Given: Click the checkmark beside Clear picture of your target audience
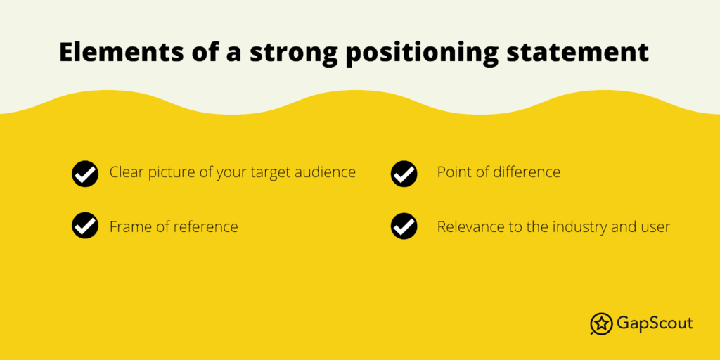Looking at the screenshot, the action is tap(85, 174).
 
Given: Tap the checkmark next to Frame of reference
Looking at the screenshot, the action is tap(85, 226).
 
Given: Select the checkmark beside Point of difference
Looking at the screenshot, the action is tap(404, 174).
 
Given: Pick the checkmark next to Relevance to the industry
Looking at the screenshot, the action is tap(404, 226).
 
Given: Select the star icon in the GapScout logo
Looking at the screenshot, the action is tap(601, 323).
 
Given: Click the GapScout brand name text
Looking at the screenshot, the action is tap(655, 323).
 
